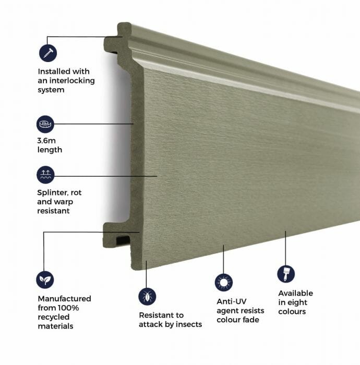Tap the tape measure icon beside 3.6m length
(45, 125)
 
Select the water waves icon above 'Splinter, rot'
(45, 175)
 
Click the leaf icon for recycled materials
(45, 279)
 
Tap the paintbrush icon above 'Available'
(285, 274)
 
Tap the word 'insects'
(189, 324)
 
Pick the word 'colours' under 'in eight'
(292, 312)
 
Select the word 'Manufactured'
(64, 298)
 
